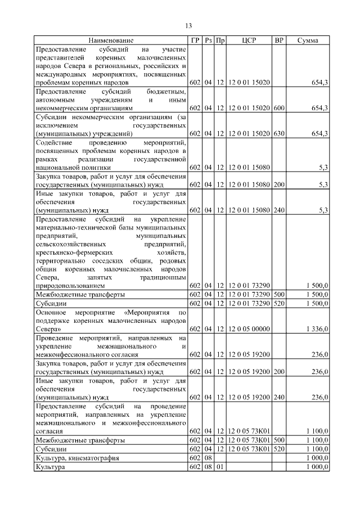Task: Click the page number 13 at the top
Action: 188,25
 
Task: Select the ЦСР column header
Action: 249,40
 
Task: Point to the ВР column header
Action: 278,40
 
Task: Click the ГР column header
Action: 195,40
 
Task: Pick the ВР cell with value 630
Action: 278,133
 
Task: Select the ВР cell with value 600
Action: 278,107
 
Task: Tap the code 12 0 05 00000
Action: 249,328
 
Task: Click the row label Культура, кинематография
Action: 77,458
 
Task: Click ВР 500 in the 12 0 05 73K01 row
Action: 278,440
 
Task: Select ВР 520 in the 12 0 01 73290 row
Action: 278,303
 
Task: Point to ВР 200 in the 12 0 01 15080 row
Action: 278,184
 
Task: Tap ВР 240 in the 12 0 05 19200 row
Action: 278,397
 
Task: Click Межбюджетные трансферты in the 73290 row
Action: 80,294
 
